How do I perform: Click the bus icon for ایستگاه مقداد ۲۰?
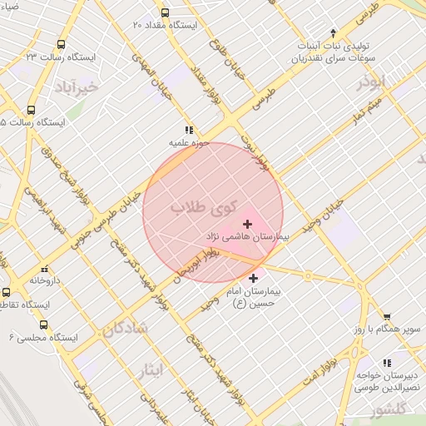click(165, 12)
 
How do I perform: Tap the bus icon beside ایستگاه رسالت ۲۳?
click(60, 44)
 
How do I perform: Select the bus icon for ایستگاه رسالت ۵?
click(32, 109)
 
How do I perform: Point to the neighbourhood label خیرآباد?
click(79, 87)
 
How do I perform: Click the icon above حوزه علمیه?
click(189, 130)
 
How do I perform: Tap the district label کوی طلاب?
click(203, 207)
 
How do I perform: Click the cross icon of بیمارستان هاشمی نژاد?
click(247, 224)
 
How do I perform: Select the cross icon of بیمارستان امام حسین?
click(253, 278)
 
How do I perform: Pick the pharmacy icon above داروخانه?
click(44, 269)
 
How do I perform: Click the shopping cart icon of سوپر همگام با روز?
click(388, 316)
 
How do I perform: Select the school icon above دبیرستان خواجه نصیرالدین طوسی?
click(386, 363)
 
